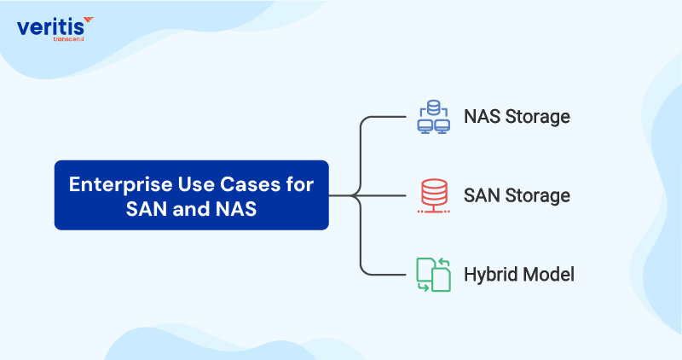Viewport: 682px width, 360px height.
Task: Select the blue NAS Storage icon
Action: (x=433, y=117)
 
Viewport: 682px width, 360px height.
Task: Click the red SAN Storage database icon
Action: (x=433, y=195)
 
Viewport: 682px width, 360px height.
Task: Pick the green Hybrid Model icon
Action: (x=433, y=274)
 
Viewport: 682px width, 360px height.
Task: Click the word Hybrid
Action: (x=488, y=275)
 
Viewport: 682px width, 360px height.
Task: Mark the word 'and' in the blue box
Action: (x=184, y=207)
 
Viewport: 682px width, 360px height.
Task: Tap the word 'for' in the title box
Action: (x=298, y=183)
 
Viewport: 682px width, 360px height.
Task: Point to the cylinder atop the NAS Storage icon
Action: (x=433, y=107)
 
